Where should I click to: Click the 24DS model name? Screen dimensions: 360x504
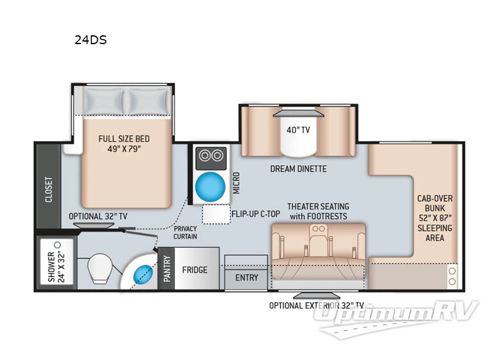point(90,40)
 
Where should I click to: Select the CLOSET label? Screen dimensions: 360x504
point(49,189)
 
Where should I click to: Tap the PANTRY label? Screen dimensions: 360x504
point(167,269)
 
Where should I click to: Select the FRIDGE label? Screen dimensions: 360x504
point(195,270)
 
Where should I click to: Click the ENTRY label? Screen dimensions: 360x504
point(246,278)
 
